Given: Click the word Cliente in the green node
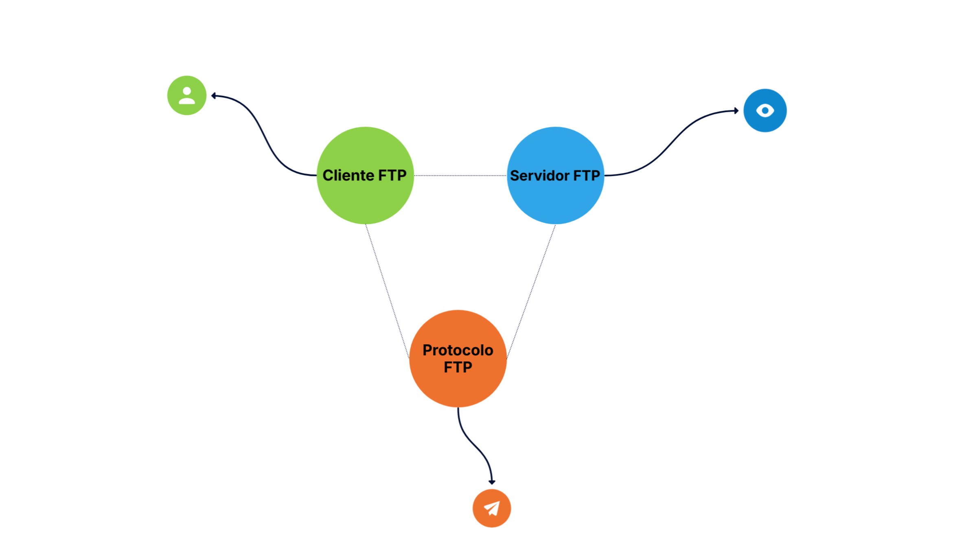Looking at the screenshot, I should click(x=348, y=176).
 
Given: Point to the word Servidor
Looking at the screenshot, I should click(x=539, y=176).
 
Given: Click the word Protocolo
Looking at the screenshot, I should click(x=458, y=350).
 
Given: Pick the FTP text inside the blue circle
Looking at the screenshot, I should click(x=587, y=176).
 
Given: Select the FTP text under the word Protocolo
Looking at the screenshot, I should click(x=458, y=367).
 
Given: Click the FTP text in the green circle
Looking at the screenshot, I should click(x=392, y=176).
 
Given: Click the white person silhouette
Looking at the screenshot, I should click(x=187, y=96).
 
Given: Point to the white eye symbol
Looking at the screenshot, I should click(x=765, y=110).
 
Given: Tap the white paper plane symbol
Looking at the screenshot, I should click(x=492, y=508).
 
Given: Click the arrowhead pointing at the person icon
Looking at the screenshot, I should click(x=214, y=96).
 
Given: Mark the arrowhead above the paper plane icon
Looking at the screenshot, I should click(x=492, y=482).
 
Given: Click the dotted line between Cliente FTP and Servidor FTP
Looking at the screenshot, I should click(x=460, y=176).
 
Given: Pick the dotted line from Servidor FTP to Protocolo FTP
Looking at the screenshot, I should click(x=531, y=291).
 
